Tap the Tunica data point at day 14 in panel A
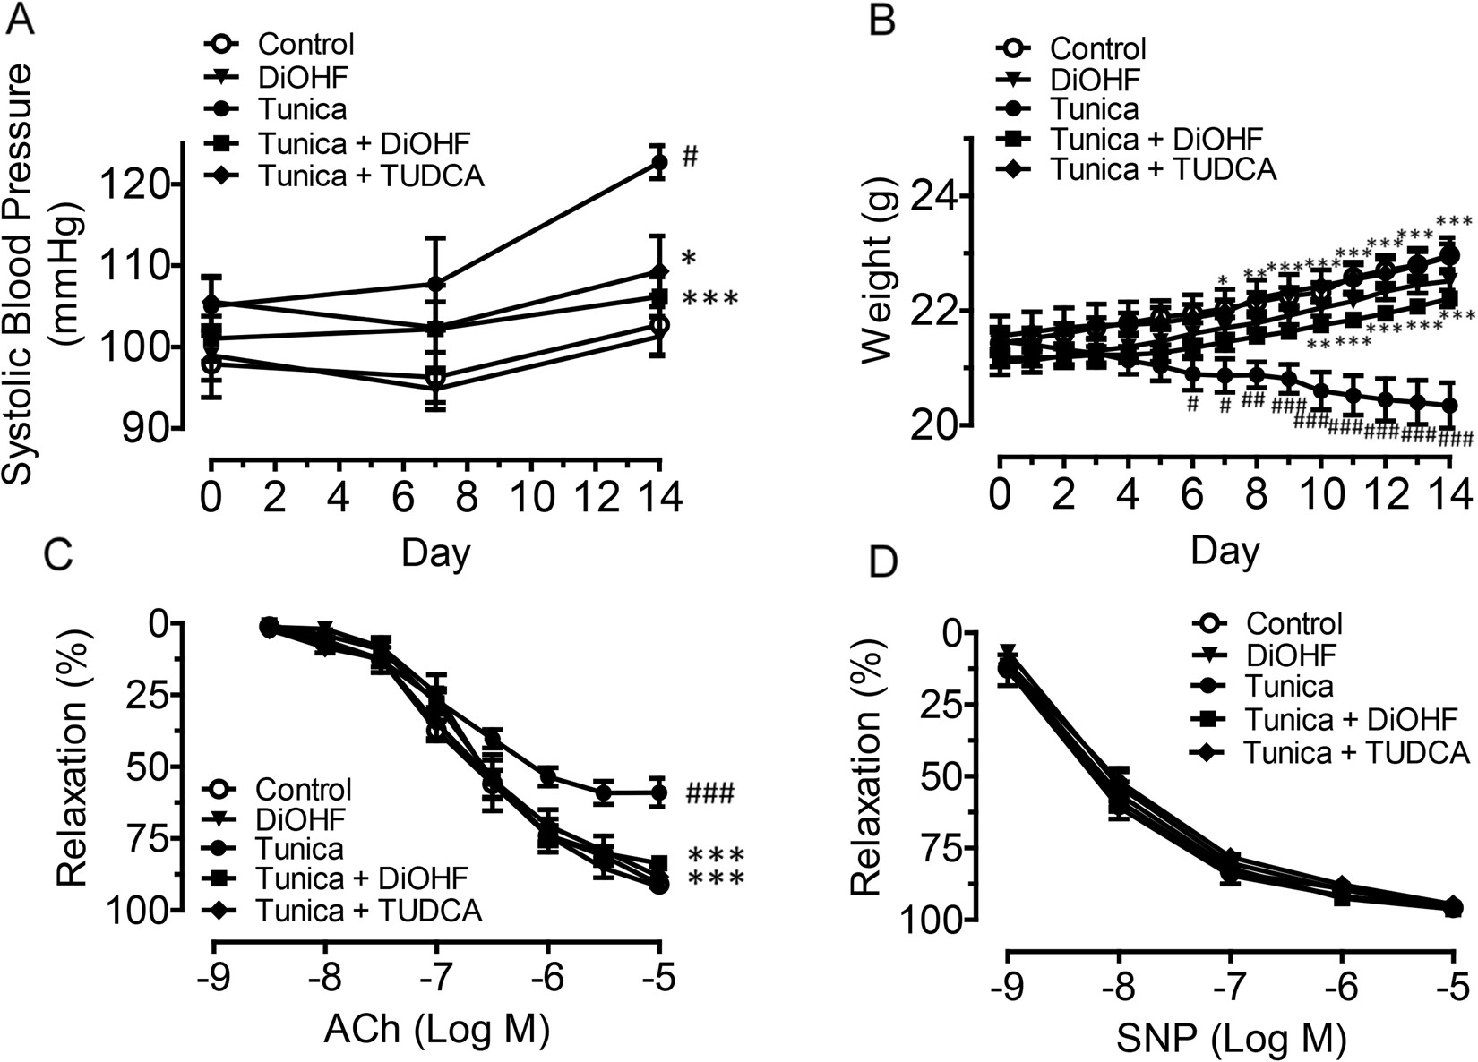point(658,162)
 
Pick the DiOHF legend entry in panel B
point(1096,79)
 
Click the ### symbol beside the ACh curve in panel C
point(710,792)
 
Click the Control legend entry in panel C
point(303,789)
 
